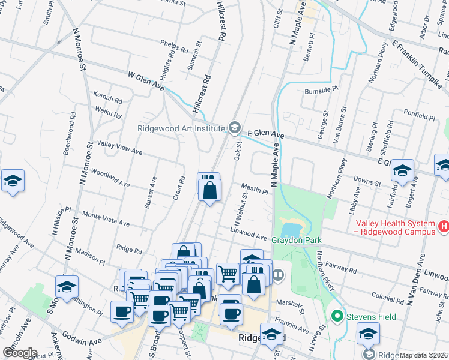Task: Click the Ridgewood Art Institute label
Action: click(181, 128)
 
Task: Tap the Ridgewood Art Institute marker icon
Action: click(234, 128)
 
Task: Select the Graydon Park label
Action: click(297, 241)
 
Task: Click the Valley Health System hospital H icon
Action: click(443, 226)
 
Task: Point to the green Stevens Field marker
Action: click(337, 316)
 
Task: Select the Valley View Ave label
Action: click(119, 148)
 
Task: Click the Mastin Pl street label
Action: click(255, 188)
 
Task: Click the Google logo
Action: click(19, 353)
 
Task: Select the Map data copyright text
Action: click(424, 355)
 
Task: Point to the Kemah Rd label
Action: click(108, 97)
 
